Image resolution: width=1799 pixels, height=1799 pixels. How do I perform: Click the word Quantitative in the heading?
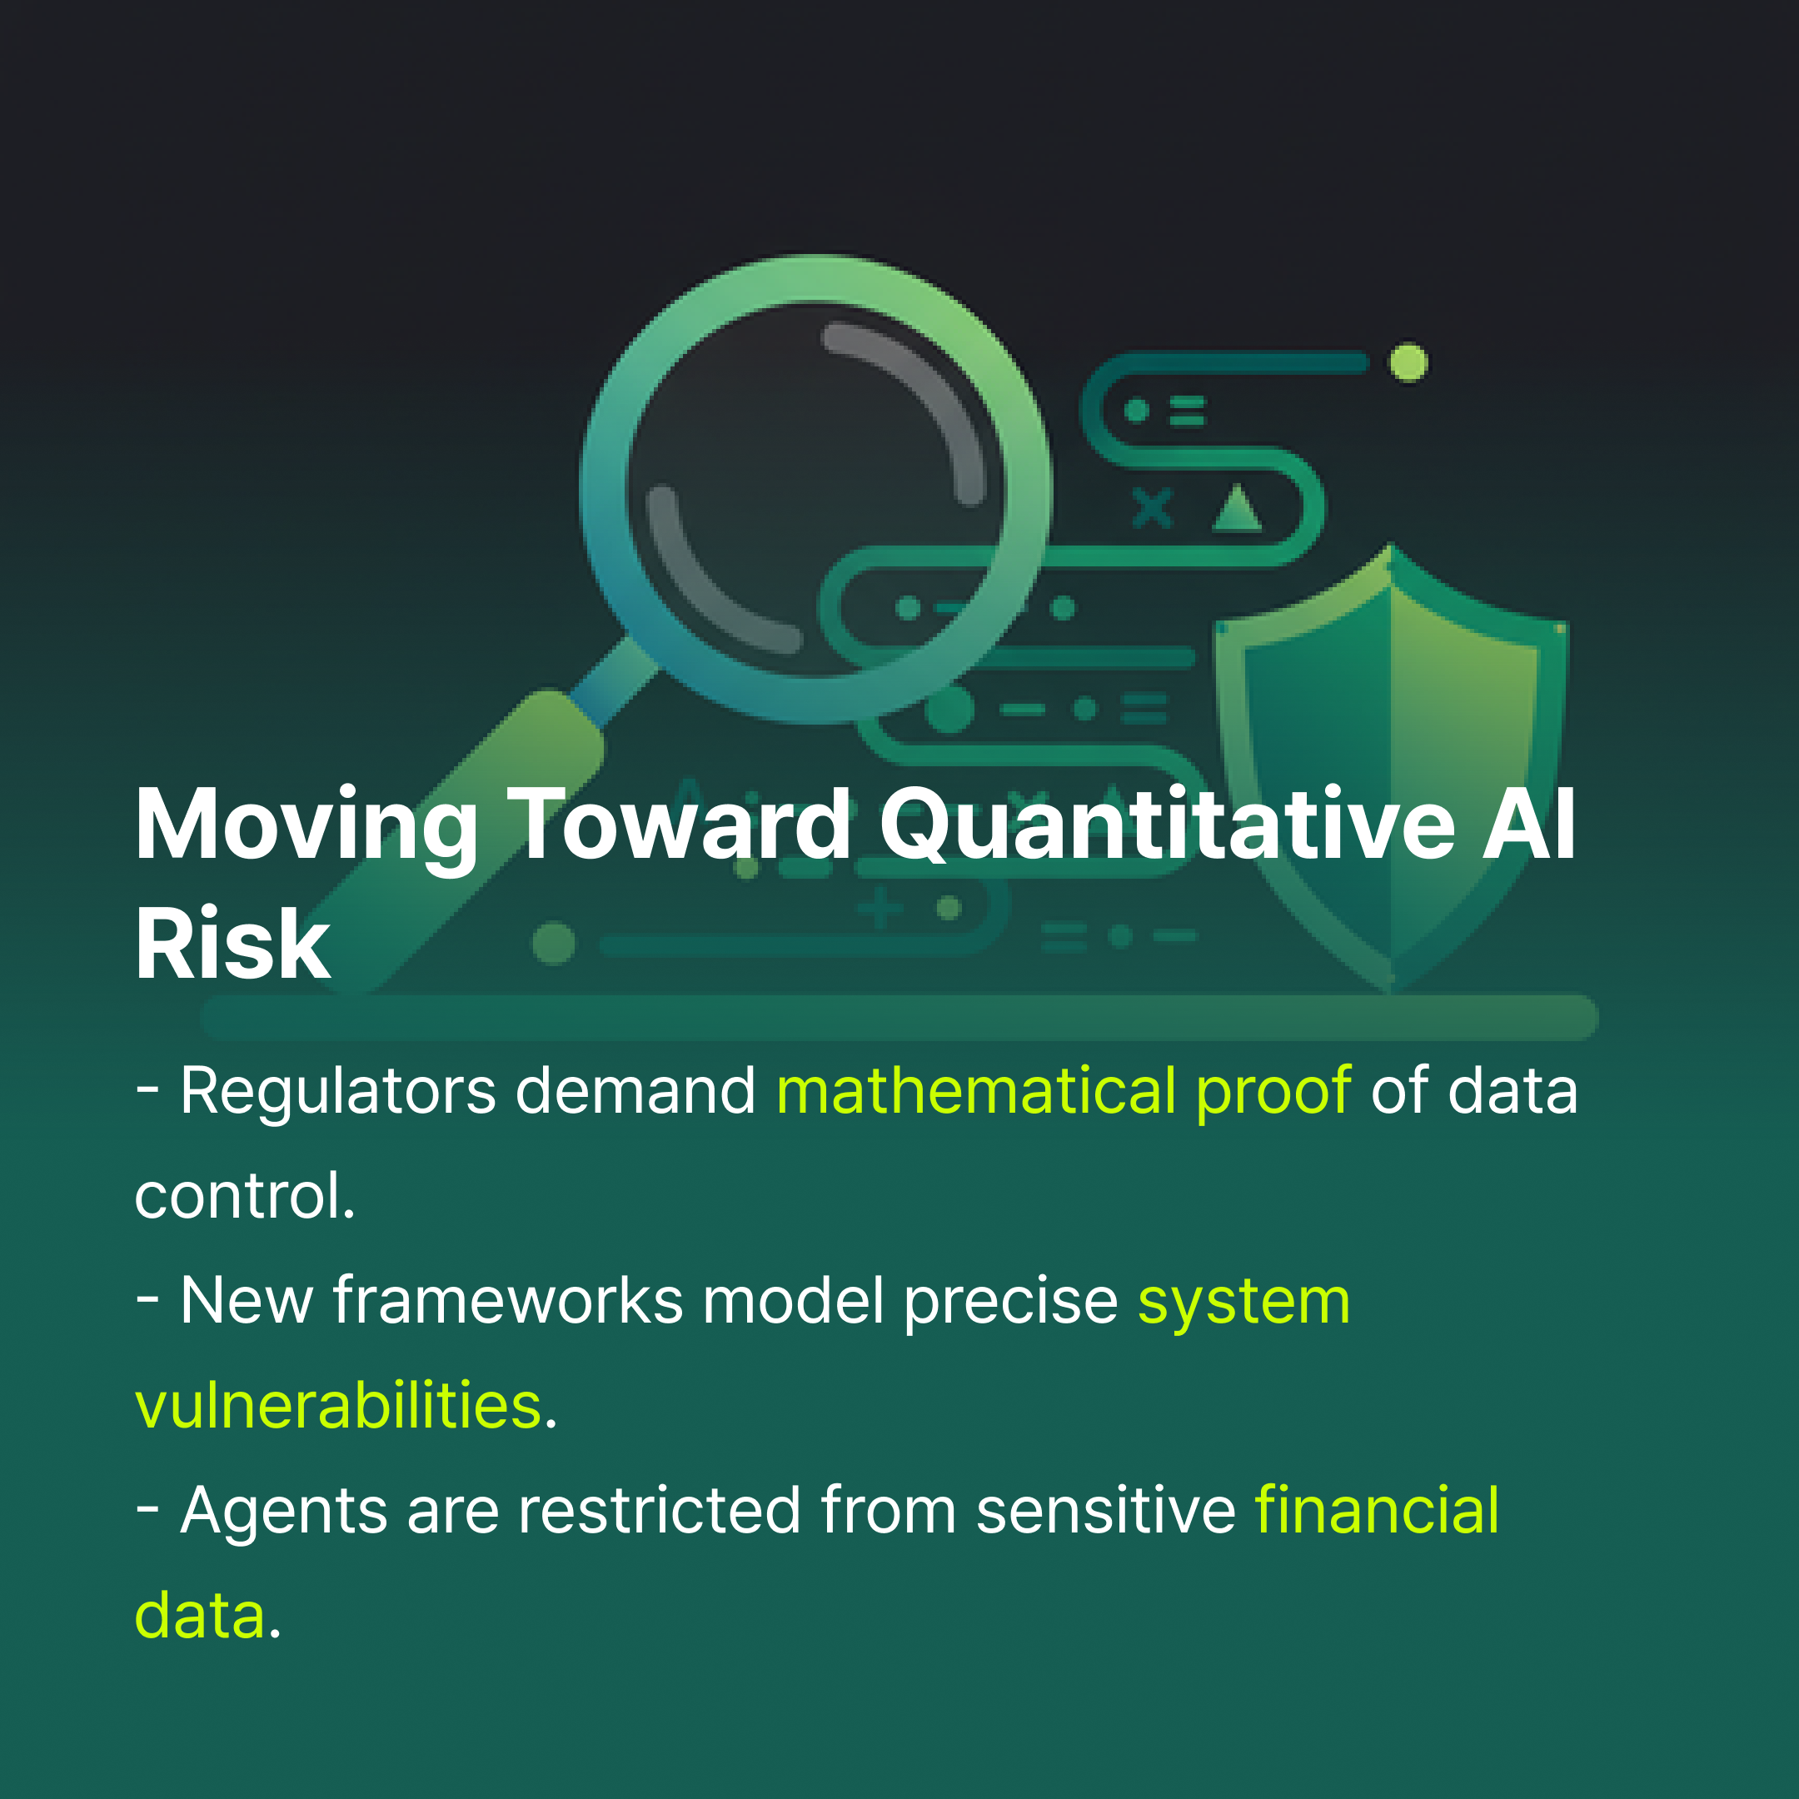pyautogui.click(x=1167, y=825)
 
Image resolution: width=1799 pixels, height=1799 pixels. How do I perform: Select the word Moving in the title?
pyautogui.click(x=306, y=825)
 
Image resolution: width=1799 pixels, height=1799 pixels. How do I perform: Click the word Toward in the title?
pyautogui.click(x=679, y=825)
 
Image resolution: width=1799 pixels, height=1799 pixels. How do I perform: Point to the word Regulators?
pyautogui.click(x=338, y=1091)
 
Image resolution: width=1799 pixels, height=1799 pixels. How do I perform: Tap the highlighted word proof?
pyautogui.click(x=1273, y=1091)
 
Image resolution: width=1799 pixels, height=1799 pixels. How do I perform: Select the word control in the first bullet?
pyautogui.click(x=244, y=1196)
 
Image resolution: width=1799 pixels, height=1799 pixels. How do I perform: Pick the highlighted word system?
pyautogui.click(x=1244, y=1302)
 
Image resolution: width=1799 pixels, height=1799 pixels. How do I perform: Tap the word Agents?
pyautogui.click(x=283, y=1510)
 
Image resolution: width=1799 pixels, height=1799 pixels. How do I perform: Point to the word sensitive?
pyautogui.click(x=1105, y=1509)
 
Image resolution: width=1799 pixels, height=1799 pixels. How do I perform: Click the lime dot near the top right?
pyautogui.click(x=1408, y=363)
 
